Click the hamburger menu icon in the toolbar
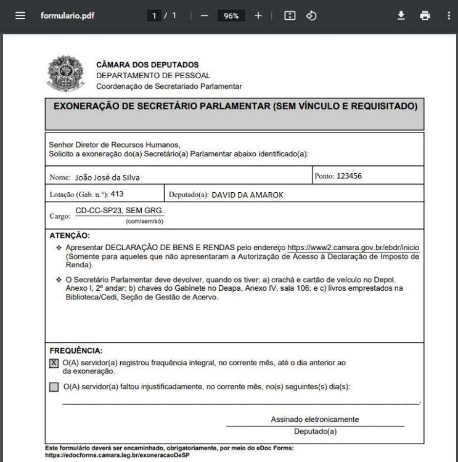[20, 15]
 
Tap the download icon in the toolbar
[401, 15]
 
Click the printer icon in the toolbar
[424, 15]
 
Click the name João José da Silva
[107, 178]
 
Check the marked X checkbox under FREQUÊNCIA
[54, 363]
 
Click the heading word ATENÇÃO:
[70, 235]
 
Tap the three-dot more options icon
[448, 15]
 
